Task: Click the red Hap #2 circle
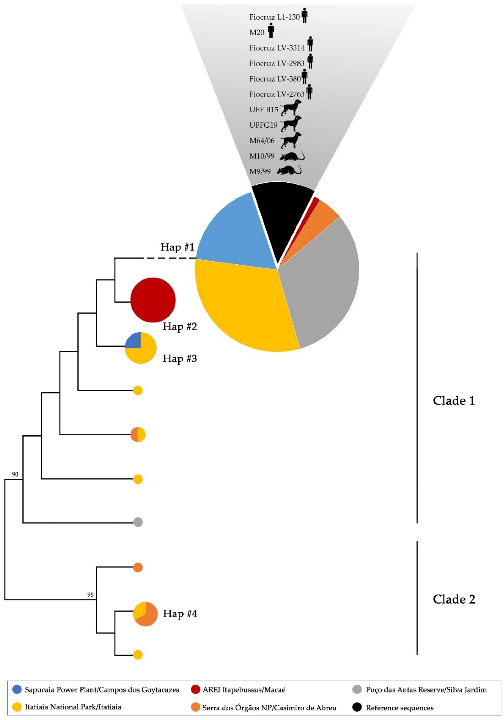[153, 300]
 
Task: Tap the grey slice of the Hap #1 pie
[320, 282]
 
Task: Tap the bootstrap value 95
[90, 594]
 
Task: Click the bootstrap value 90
[15, 474]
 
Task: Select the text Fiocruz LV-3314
[277, 48]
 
